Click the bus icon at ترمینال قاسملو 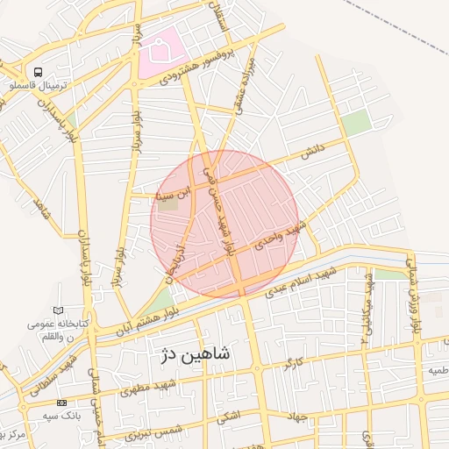tap(37, 72)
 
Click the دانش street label tap(307, 153)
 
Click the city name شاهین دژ tap(195, 354)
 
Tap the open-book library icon tap(58, 310)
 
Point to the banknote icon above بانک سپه tap(60, 403)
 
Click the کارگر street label tap(293, 361)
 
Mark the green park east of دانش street tap(356, 124)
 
